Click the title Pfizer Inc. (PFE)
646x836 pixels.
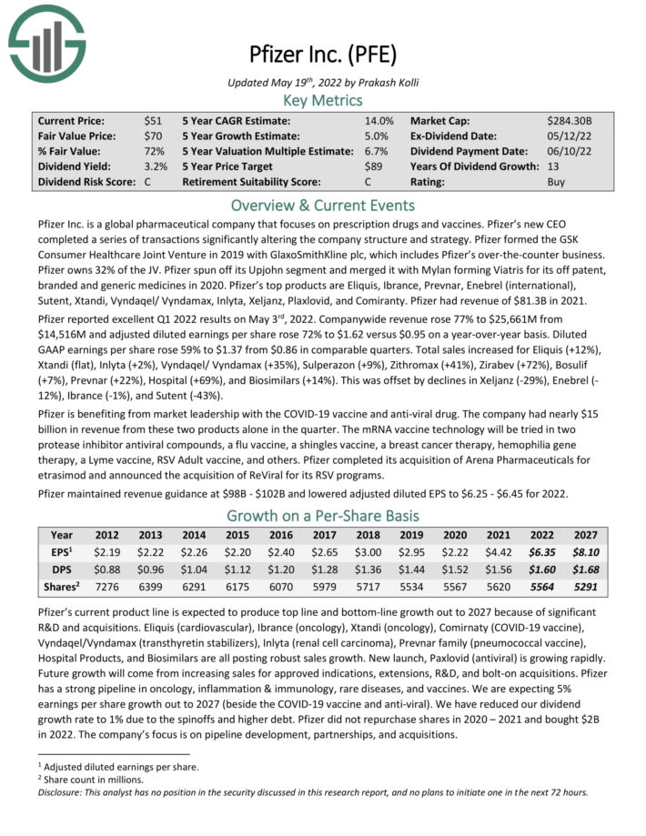[x=323, y=54]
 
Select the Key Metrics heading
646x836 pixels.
[x=323, y=100]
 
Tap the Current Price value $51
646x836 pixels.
[x=153, y=121]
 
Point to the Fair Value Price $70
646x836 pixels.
[x=153, y=136]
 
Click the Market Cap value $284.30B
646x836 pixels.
[x=570, y=121]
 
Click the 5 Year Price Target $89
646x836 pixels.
[x=373, y=167]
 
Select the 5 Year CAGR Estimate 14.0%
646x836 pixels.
[x=379, y=121]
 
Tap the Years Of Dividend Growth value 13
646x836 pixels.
[x=553, y=167]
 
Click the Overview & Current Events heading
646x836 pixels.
[x=323, y=205]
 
